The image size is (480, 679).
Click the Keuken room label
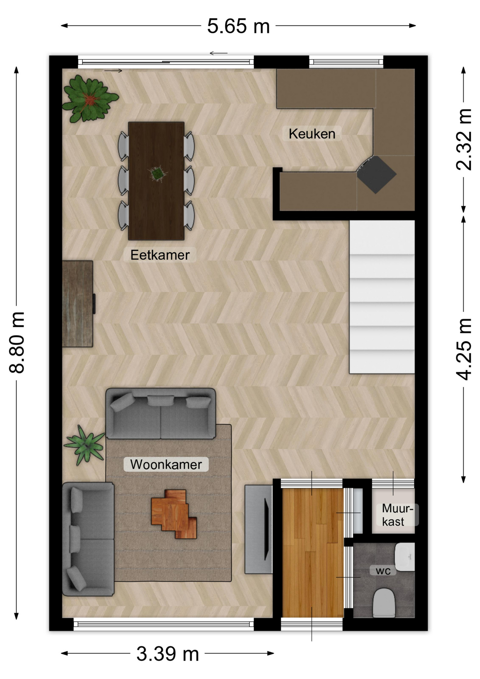click(x=312, y=134)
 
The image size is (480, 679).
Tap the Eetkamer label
click(x=160, y=255)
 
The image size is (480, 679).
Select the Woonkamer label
click(x=166, y=464)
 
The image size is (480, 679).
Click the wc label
click(x=383, y=570)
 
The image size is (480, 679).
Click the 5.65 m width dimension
click(x=238, y=26)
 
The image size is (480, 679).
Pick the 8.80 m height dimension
click(x=17, y=342)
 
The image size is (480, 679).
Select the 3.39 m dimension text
click(x=168, y=654)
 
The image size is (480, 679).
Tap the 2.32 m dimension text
click(x=464, y=139)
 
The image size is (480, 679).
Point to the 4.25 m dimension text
click(x=464, y=349)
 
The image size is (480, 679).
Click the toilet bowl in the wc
click(x=384, y=602)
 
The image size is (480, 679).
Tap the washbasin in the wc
click(x=405, y=557)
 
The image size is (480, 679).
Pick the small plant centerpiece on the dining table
click(x=157, y=173)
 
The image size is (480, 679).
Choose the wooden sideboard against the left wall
click(x=78, y=304)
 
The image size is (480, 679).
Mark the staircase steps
click(x=382, y=297)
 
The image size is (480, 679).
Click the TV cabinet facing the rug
click(x=258, y=529)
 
